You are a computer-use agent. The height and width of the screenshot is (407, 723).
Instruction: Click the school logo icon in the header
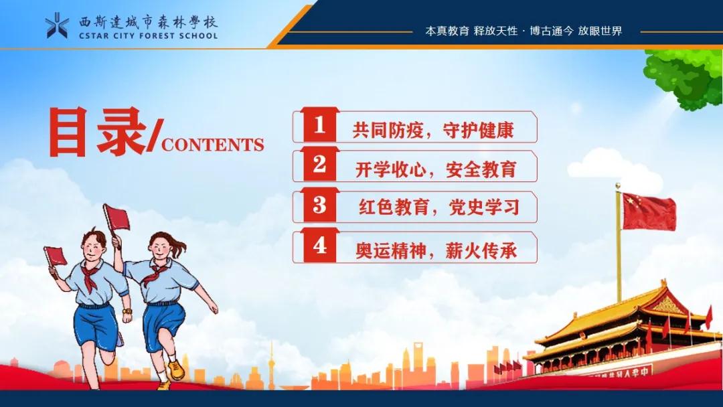pyautogui.click(x=57, y=25)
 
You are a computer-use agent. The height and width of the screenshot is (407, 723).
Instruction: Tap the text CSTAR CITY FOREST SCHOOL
pyautogui.click(x=148, y=35)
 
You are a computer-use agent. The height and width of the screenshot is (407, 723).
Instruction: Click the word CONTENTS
pyautogui.click(x=213, y=145)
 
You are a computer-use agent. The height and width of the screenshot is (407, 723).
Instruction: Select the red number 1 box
pyautogui.click(x=320, y=126)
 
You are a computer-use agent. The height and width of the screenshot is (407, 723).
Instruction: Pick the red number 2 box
pyautogui.click(x=320, y=165)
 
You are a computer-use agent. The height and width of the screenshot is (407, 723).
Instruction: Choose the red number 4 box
pyautogui.click(x=320, y=246)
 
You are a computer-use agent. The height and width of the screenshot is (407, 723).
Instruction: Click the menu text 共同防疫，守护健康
pyautogui.click(x=433, y=130)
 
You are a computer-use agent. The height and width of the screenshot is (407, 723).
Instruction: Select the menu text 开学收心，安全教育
pyautogui.click(x=435, y=169)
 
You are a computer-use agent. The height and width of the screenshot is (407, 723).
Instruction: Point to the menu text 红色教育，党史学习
pyautogui.click(x=438, y=208)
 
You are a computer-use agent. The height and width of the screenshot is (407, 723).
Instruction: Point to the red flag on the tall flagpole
pyautogui.click(x=648, y=211)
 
